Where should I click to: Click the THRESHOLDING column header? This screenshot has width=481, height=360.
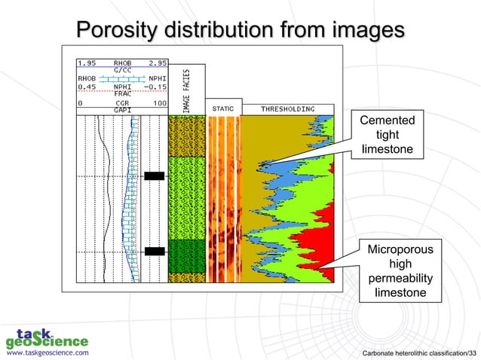(x=287, y=109)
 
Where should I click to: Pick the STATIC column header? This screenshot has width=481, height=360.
(x=222, y=109)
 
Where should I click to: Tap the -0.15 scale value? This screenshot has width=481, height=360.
(x=154, y=86)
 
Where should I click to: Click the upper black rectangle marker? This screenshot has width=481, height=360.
(x=155, y=176)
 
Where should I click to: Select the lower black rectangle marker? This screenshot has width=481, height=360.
(x=155, y=251)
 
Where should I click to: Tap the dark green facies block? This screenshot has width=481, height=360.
(x=186, y=255)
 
